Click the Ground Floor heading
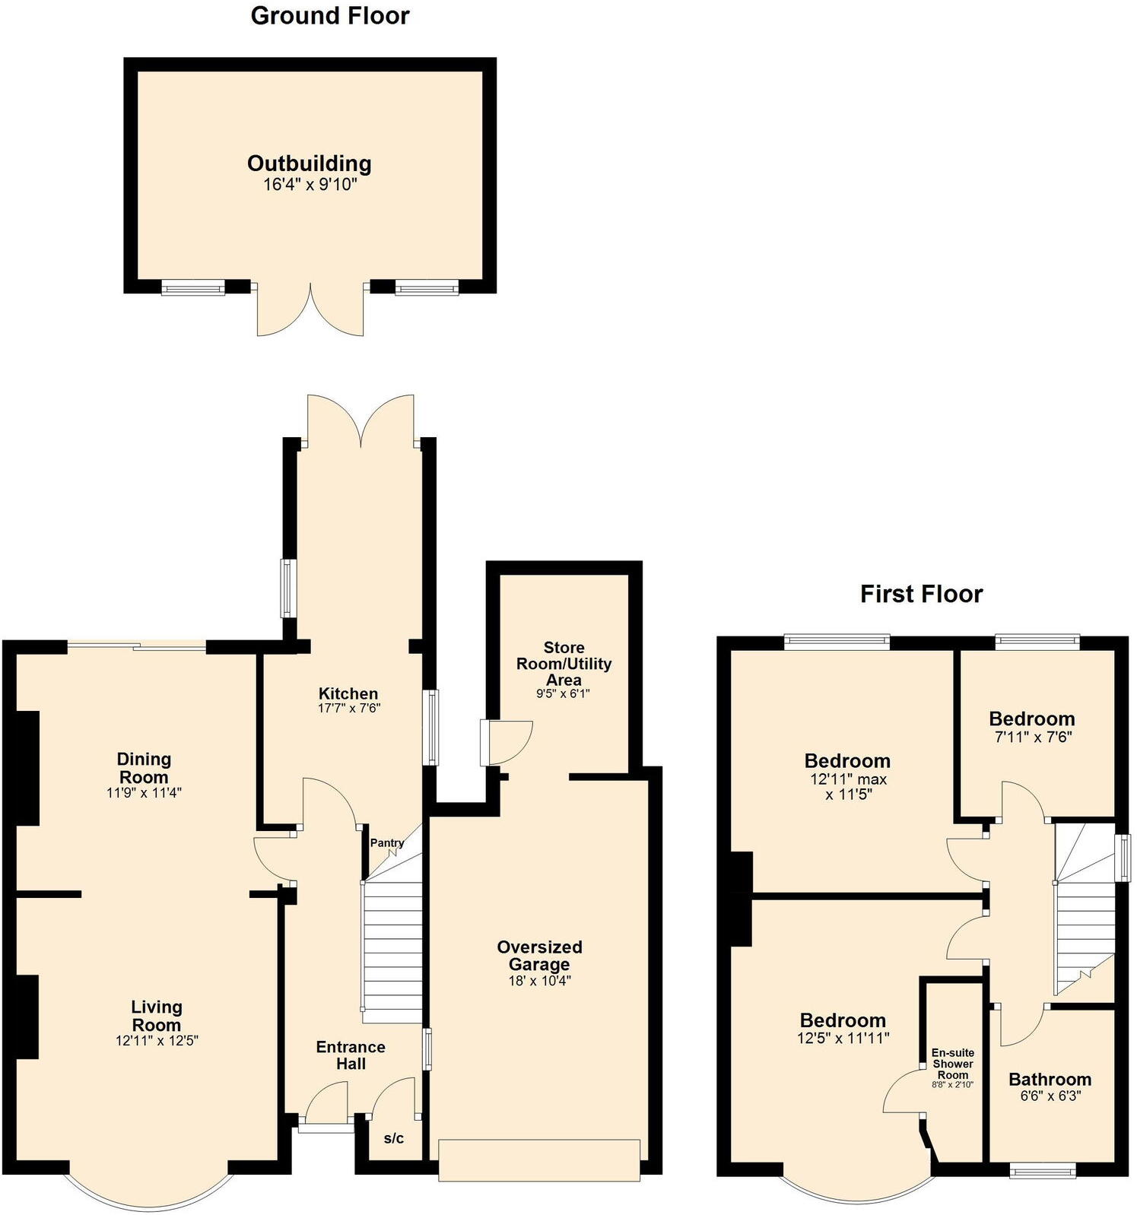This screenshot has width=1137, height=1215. (x=329, y=16)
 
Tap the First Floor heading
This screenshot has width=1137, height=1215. (x=921, y=594)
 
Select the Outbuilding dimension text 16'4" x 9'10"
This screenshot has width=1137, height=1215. (x=310, y=184)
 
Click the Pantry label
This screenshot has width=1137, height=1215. (x=387, y=843)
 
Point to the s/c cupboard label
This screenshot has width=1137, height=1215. (x=393, y=1138)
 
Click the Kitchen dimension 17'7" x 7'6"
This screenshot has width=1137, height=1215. (x=348, y=708)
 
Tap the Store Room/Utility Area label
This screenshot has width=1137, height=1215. (x=564, y=664)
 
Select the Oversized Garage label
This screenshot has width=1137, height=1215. (x=539, y=956)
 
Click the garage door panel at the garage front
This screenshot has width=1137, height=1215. (x=538, y=1159)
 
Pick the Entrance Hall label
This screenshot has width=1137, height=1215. (x=351, y=1055)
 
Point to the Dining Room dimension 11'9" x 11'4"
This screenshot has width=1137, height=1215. (x=144, y=792)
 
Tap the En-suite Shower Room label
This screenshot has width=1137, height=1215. (x=952, y=1064)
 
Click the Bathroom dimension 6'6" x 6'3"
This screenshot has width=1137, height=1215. (x=1050, y=1096)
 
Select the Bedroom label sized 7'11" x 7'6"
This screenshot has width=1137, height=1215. (x=1031, y=719)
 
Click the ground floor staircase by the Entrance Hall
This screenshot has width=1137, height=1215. (x=392, y=950)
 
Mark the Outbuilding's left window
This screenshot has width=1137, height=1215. (x=193, y=287)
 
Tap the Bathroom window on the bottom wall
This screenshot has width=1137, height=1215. (x=1042, y=1172)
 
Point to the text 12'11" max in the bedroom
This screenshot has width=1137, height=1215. (x=847, y=779)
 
